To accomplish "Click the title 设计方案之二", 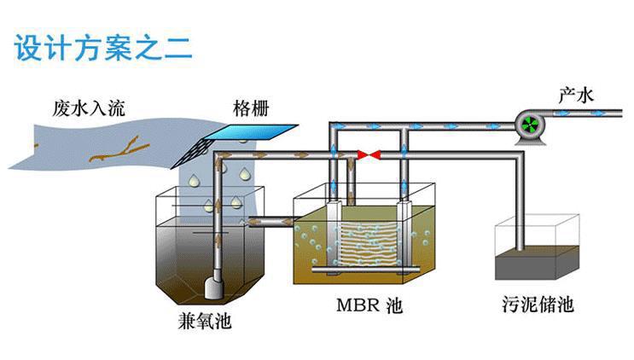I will point(103,47).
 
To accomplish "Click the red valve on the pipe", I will point(369,155).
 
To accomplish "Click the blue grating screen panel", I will point(256,134).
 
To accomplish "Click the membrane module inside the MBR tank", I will point(369,242).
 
